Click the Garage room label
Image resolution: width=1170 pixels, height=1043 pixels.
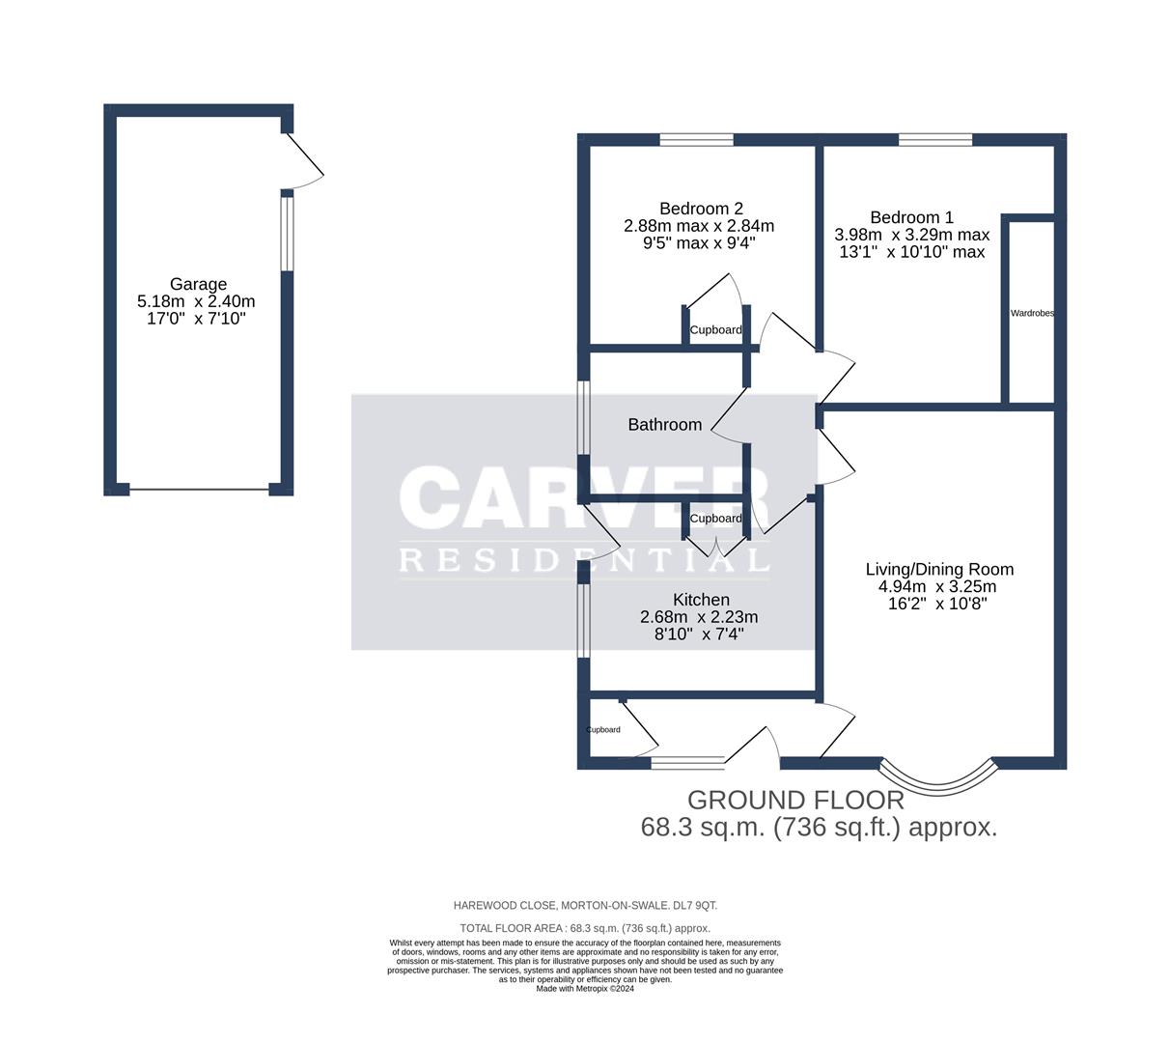[x=198, y=284]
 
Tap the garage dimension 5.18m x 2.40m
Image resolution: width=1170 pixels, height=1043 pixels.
[x=197, y=301]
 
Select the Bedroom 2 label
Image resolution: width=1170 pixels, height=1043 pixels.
[x=701, y=209]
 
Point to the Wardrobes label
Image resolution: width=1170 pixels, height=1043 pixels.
[x=1031, y=314]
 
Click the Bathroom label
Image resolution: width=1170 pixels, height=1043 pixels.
[x=664, y=425]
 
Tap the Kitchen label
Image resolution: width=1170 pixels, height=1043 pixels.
[x=701, y=600]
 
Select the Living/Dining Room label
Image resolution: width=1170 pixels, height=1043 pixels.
[x=938, y=570]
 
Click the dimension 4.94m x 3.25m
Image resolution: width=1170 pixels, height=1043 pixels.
[x=936, y=586]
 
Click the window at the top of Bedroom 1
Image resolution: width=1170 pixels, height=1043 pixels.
[x=934, y=140]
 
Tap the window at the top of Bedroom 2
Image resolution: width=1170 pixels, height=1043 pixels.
[x=696, y=140]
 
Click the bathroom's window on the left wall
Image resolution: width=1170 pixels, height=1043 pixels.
[x=583, y=416]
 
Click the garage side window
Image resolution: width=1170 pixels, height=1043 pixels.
[x=287, y=234]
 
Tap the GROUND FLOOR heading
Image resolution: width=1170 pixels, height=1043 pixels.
[x=794, y=800]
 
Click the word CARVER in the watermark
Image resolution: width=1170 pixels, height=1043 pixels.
[x=584, y=497]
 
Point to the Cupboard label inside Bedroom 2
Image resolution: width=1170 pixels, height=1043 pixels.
[x=715, y=330]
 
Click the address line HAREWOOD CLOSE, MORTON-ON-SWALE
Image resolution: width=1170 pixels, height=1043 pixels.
[x=585, y=905]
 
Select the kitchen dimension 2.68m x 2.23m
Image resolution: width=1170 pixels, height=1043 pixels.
[x=698, y=617]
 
